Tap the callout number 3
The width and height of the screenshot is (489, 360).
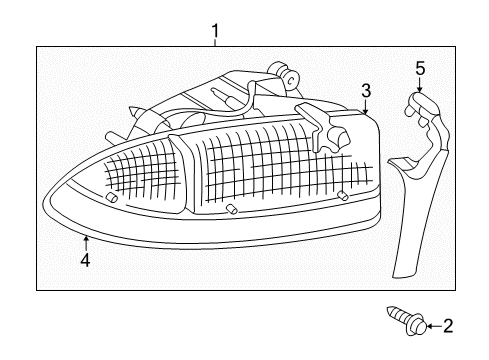click(367, 91)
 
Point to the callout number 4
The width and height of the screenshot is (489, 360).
click(86, 259)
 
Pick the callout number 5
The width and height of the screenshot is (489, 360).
click(420, 68)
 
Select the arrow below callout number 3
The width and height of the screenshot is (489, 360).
click(366, 106)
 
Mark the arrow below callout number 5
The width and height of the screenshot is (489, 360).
click(419, 86)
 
